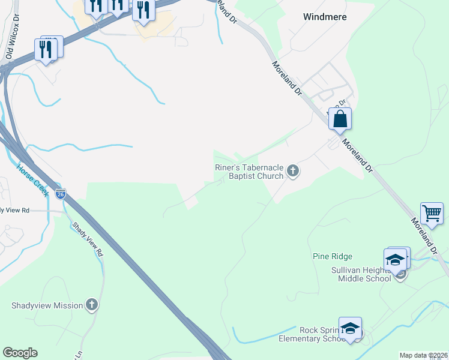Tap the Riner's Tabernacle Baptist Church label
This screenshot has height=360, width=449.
click(x=249, y=172)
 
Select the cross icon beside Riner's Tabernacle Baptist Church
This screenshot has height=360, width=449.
click(x=293, y=172)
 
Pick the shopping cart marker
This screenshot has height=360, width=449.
click(x=432, y=212)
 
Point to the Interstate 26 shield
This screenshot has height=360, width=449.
click(x=60, y=194)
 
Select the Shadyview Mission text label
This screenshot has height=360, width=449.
click(x=47, y=305)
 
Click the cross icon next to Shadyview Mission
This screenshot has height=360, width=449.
click(x=91, y=305)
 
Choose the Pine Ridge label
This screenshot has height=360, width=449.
click(x=332, y=256)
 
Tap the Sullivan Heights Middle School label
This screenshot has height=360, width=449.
click(x=361, y=274)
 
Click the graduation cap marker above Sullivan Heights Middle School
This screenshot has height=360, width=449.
click(x=396, y=259)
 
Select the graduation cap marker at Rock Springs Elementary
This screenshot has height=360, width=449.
click(x=351, y=328)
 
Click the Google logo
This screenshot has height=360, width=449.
click(x=20, y=353)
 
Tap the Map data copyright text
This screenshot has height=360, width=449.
click(x=423, y=355)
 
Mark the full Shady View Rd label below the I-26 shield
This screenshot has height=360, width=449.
click(x=88, y=240)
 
